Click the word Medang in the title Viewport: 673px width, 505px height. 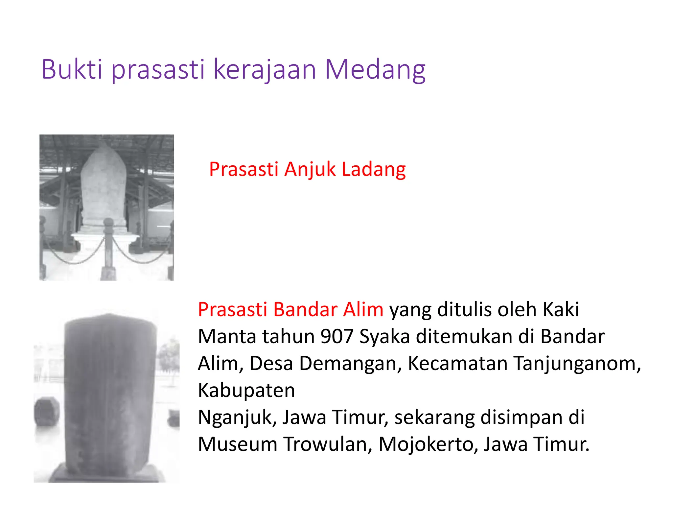tap(375, 70)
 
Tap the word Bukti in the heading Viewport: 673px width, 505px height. tap(71, 70)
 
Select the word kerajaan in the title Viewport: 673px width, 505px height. tap(265, 70)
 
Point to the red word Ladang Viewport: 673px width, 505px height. tap(374, 170)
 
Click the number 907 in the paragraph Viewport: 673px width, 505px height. tap(337, 337)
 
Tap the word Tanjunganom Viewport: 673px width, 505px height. tap(577, 364)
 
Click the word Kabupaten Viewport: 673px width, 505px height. tap(246, 391)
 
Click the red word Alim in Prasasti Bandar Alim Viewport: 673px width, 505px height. tap(363, 310)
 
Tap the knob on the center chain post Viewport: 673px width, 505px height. tap(109, 224)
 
